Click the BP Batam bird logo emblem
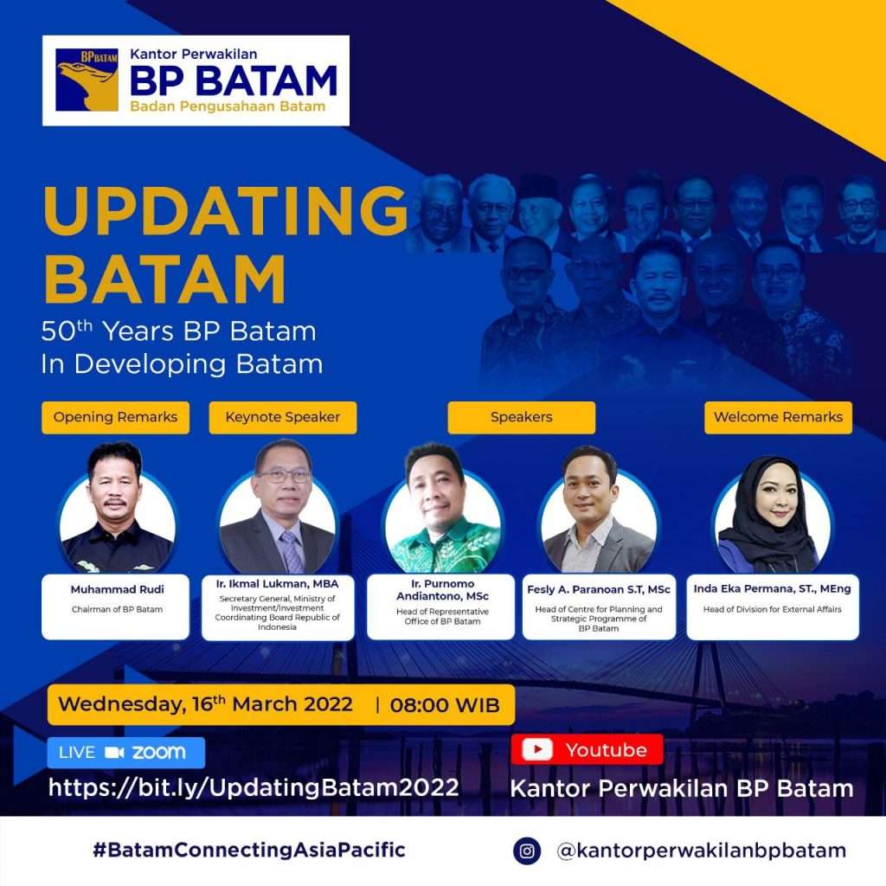tap(87, 80)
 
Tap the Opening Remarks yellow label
tap(115, 418)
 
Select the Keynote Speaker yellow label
tap(283, 418)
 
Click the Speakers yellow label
tap(521, 418)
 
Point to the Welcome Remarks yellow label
tap(778, 418)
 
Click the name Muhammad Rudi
tap(117, 589)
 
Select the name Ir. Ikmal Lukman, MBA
tap(277, 584)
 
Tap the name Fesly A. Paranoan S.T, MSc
tap(599, 589)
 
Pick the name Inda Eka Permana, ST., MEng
tap(772, 588)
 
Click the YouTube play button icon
tap(536, 749)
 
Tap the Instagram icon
tap(527, 851)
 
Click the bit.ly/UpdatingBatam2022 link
tap(254, 787)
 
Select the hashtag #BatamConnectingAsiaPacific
tap(249, 850)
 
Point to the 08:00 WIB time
tap(445, 705)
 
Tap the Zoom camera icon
tap(114, 752)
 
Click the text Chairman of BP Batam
tap(117, 609)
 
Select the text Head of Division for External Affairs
tap(772, 609)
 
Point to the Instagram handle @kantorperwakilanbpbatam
tap(701, 851)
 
